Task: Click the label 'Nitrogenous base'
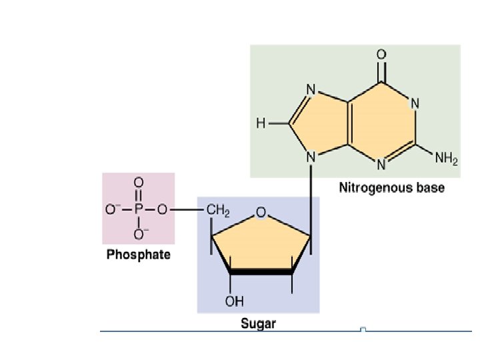[391, 187]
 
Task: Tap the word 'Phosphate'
[139, 255]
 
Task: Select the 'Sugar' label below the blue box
[258, 324]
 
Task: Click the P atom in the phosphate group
[139, 209]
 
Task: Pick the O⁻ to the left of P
[113, 209]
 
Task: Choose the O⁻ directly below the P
[139, 234]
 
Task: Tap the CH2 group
[218, 211]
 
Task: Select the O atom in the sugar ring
[261, 213]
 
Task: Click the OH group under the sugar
[234, 301]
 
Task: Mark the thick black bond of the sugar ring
[261, 271]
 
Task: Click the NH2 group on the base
[446, 159]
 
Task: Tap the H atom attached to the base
[261, 123]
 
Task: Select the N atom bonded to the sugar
[311, 158]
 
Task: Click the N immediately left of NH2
[382, 164]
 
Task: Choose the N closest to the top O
[415, 103]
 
